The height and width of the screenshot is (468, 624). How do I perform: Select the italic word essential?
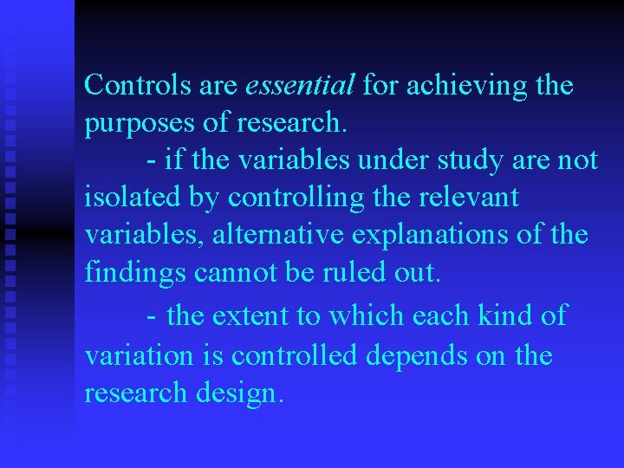[300, 86]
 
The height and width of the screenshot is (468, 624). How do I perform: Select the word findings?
[136, 273]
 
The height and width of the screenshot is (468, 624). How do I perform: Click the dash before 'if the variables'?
[153, 161]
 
